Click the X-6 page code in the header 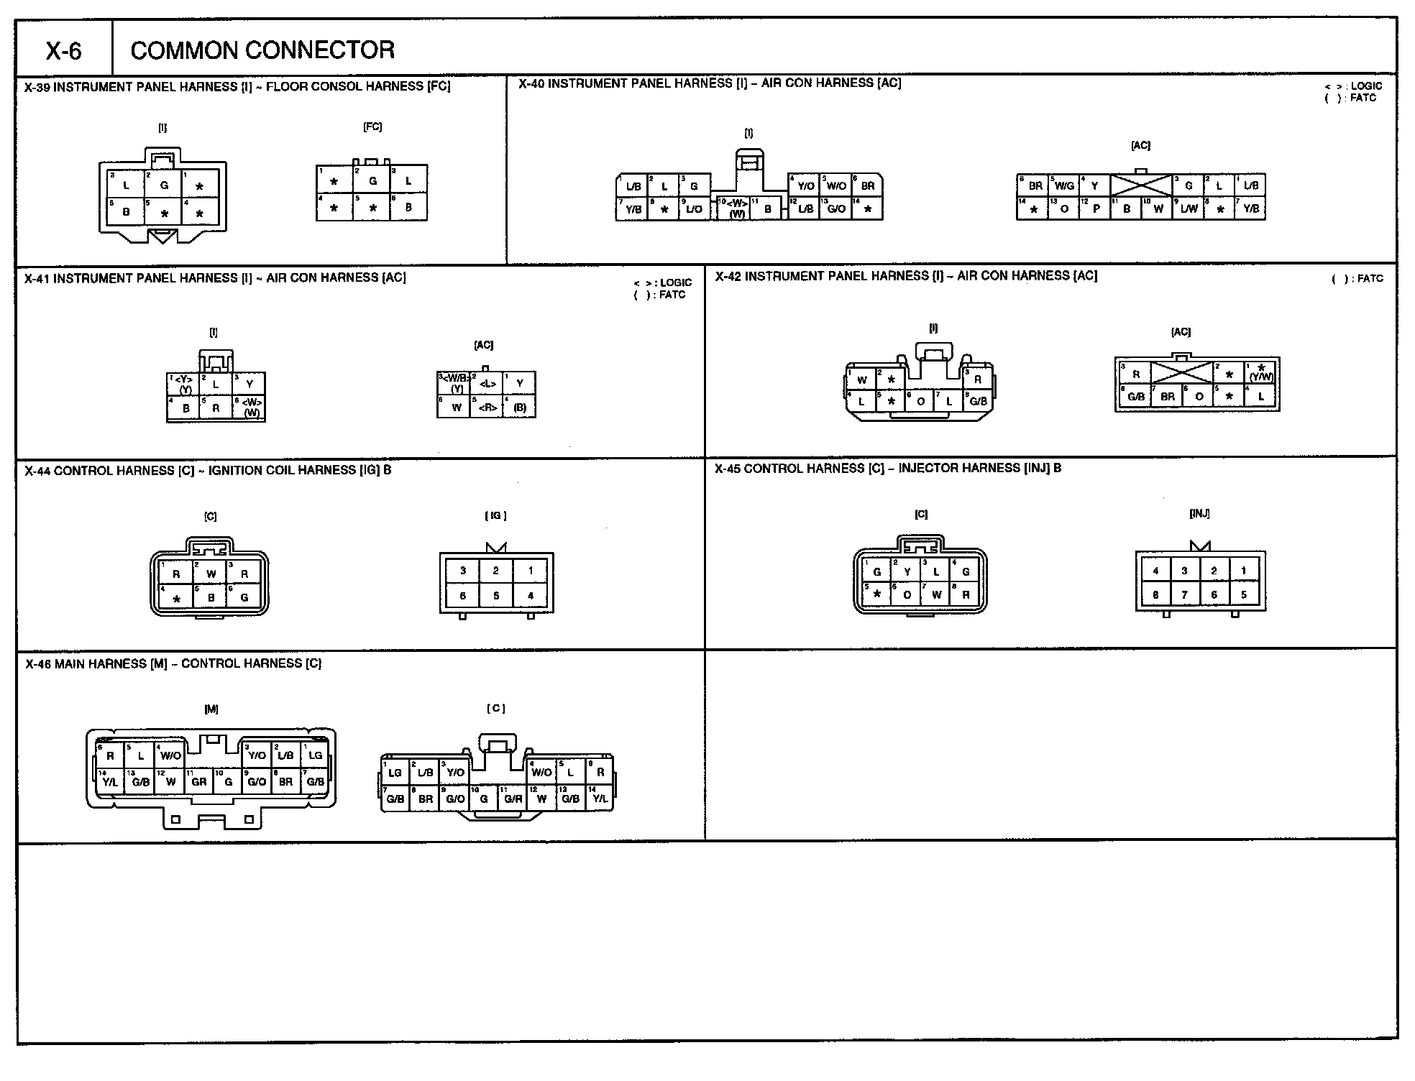tap(64, 50)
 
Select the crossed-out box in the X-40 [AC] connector tap(1140, 185)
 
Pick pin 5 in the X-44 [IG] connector tap(496, 596)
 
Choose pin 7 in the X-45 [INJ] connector tap(1184, 595)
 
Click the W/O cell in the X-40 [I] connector tap(836, 185)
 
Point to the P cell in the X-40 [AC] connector tap(1096, 209)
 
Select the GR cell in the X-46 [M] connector tap(199, 781)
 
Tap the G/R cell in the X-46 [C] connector tap(513, 799)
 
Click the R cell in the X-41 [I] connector tap(216, 408)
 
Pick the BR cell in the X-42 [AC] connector tap(1168, 397)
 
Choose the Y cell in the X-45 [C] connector tap(907, 572)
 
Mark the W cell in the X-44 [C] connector tap(211, 574)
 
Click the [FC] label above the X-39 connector tap(372, 127)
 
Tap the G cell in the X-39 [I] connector tap(164, 185)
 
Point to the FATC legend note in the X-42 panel tap(1357, 279)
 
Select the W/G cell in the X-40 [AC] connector tap(1064, 185)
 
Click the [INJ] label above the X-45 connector tap(1199, 514)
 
